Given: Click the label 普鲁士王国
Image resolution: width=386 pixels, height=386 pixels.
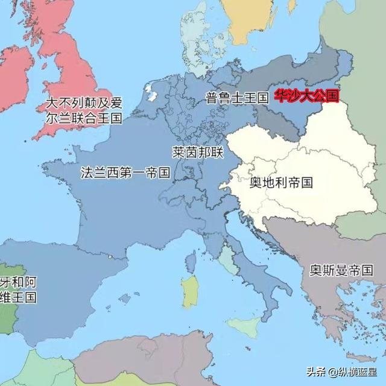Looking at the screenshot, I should pos(236,98).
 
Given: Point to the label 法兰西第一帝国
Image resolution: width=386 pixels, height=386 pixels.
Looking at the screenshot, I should pos(125,172).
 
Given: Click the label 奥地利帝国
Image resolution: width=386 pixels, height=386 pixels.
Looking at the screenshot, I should pos(281,182).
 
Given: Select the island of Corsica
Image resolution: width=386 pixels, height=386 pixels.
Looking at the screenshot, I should pos(192,261).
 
